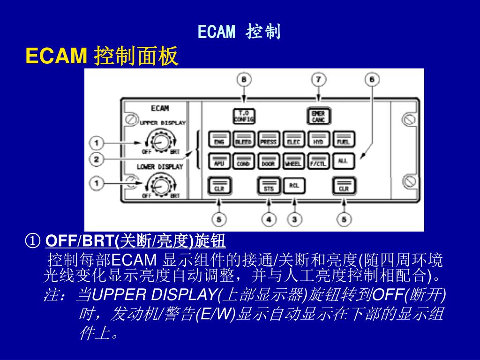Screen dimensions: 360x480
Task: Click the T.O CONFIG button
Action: pyautogui.click(x=244, y=116)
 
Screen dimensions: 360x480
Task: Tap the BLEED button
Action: pyautogui.click(x=243, y=140)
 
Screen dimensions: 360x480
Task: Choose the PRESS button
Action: pyautogui.click(x=268, y=140)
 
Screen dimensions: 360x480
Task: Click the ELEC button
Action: pyautogui.click(x=293, y=140)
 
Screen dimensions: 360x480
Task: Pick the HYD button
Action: pyautogui.click(x=318, y=140)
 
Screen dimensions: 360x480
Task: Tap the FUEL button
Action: pyautogui.click(x=343, y=140)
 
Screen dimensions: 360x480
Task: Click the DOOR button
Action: pyautogui.click(x=268, y=162)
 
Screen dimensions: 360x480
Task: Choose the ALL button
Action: pyautogui.click(x=343, y=161)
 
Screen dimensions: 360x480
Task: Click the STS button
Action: pyautogui.click(x=269, y=186)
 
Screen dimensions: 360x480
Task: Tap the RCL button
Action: pyautogui.click(x=294, y=186)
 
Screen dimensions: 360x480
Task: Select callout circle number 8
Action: pyautogui.click(x=244, y=80)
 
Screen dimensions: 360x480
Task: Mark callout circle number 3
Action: pyautogui.click(x=294, y=219)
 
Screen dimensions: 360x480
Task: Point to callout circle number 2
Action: pyautogui.click(x=97, y=159)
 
